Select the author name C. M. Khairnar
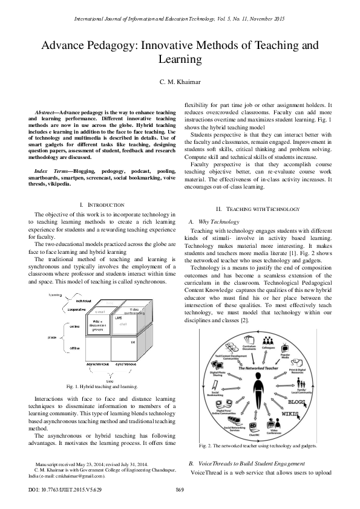coord(180,82)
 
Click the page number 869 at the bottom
coord(180,488)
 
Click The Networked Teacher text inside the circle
coord(256,367)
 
